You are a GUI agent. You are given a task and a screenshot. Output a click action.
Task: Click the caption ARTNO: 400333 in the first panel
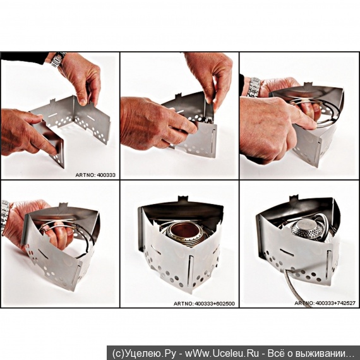(x=95, y=175)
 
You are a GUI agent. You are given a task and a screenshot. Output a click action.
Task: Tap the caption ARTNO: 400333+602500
(x=204, y=304)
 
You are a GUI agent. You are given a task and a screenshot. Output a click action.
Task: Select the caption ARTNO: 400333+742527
(x=325, y=303)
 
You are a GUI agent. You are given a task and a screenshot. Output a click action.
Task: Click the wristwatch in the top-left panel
(x=58, y=60)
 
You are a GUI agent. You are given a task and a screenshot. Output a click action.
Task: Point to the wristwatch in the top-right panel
(x=253, y=87)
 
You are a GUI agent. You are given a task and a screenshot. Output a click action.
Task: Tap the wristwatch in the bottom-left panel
(x=4, y=216)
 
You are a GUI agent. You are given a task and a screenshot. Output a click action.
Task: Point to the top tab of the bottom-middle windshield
(x=183, y=199)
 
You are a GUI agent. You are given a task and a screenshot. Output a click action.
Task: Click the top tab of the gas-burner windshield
(x=294, y=198)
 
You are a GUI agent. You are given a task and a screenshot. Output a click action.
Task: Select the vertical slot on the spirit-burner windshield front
(x=190, y=268)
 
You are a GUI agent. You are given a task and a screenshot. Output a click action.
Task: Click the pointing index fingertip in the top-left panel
(x=54, y=151)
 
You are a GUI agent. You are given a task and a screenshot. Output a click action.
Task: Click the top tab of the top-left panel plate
(x=52, y=101)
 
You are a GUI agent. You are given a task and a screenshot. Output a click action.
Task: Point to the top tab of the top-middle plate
(x=178, y=96)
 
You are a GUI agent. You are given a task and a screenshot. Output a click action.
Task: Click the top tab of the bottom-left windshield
(x=63, y=205)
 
